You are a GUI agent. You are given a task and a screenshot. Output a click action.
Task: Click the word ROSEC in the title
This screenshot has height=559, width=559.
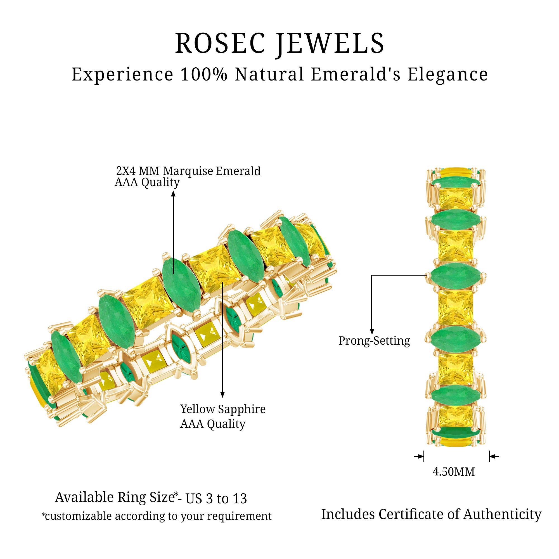tap(220, 43)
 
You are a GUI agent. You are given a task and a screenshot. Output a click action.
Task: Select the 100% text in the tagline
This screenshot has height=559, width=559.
tap(204, 74)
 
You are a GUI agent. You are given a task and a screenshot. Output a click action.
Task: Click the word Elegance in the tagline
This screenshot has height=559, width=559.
tap(447, 74)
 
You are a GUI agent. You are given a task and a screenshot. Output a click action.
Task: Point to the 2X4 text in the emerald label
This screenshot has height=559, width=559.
tap(125, 171)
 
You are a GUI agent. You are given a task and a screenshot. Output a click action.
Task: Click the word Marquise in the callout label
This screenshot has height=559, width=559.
tap(188, 171)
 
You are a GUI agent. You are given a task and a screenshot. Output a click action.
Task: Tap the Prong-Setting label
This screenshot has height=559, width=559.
tap(374, 341)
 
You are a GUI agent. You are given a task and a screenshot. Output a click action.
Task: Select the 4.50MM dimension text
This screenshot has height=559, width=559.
tap(453, 472)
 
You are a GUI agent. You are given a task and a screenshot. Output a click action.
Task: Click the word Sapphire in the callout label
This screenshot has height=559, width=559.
tap(241, 409)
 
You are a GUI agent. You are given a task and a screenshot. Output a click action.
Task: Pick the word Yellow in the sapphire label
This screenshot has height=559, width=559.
tap(198, 409)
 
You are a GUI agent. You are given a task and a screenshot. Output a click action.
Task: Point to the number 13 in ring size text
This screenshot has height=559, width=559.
tap(240, 499)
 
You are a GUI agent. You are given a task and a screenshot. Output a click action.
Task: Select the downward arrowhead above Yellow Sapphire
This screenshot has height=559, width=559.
tap(222, 394)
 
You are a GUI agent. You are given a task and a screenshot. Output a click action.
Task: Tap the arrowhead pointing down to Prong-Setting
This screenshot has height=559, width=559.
tap(372, 331)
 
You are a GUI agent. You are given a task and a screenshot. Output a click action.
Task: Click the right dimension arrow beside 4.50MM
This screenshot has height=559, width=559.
tap(493, 457)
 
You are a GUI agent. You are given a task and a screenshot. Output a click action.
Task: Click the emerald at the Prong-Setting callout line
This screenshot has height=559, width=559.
tap(455, 275)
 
